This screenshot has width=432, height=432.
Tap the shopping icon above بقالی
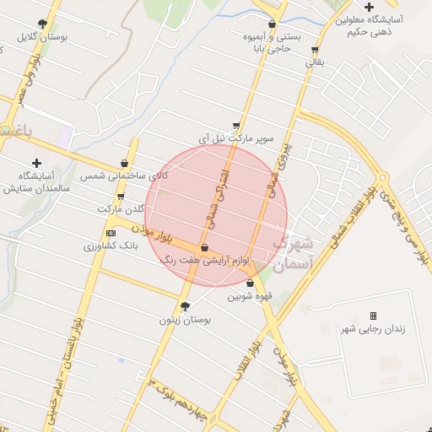click(x=315, y=50)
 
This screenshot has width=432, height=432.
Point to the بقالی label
click(x=313, y=62)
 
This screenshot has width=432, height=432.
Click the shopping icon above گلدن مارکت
click(x=120, y=196)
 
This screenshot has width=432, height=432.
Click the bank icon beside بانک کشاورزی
click(x=111, y=233)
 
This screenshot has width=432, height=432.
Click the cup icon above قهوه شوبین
click(x=250, y=283)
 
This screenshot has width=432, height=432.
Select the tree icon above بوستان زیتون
click(x=186, y=306)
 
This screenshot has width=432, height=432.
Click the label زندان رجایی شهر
click(x=372, y=328)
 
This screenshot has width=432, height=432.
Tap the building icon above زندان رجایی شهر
click(x=373, y=316)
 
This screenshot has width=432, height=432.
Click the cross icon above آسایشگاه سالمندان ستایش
click(x=35, y=163)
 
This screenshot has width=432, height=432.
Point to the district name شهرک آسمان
click(x=294, y=252)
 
